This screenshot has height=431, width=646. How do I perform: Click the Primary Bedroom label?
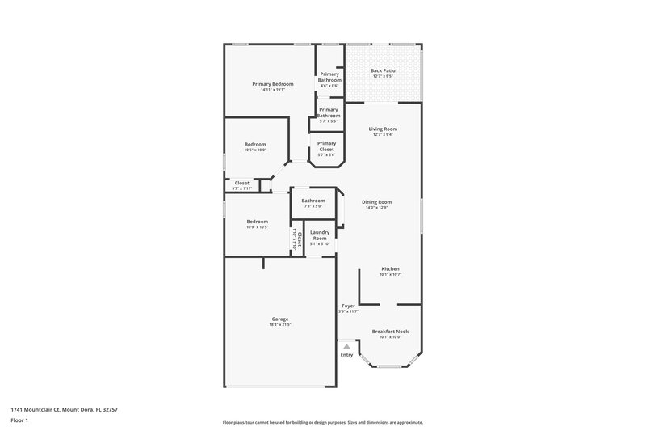click(272, 84)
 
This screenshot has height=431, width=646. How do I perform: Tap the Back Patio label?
click(383, 71)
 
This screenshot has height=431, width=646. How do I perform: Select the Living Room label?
click(383, 129)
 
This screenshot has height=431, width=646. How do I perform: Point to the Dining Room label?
click(376, 202)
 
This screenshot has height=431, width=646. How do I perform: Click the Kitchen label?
click(390, 269)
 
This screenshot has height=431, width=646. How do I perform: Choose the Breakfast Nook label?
click(390, 332)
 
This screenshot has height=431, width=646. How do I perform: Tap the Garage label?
click(280, 319)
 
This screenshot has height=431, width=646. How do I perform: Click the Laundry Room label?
click(320, 235)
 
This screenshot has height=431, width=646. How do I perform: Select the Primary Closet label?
click(326, 146)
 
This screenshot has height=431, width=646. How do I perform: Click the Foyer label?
click(348, 306)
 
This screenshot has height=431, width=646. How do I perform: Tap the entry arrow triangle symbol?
click(346, 346)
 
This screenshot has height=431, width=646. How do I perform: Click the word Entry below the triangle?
click(346, 354)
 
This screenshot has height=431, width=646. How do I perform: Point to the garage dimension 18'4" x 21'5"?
click(280, 324)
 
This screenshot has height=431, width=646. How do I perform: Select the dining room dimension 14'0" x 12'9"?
click(376, 208)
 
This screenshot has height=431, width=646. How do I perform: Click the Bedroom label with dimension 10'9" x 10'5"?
click(258, 222)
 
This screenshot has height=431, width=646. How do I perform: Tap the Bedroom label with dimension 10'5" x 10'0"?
click(255, 144)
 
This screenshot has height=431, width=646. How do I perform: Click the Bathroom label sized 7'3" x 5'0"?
click(313, 201)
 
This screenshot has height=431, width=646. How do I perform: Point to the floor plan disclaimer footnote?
click(322, 422)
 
